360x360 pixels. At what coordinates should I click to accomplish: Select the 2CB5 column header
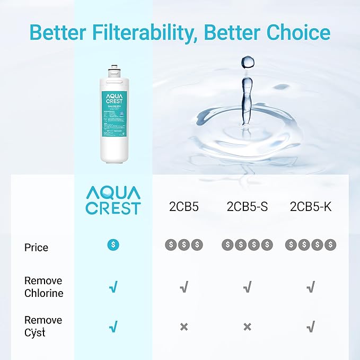point(183,207)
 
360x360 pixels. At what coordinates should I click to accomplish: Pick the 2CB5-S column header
point(247,207)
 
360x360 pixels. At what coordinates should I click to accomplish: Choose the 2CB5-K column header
point(311,207)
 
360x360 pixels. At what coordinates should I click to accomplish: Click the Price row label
point(36,248)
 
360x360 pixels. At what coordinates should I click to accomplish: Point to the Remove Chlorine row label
point(43,287)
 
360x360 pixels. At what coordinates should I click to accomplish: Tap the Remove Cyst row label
point(43,326)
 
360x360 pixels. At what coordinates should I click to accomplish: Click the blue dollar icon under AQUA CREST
point(113,244)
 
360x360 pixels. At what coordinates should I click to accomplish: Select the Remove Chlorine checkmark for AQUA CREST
point(113,287)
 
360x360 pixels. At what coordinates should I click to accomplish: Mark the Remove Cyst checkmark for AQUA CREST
point(113,327)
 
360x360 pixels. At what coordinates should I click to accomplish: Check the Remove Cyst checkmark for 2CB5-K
point(311,327)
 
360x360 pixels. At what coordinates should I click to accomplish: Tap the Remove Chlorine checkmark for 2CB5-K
point(311,287)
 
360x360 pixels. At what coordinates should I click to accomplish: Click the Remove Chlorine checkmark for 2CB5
point(183,287)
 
